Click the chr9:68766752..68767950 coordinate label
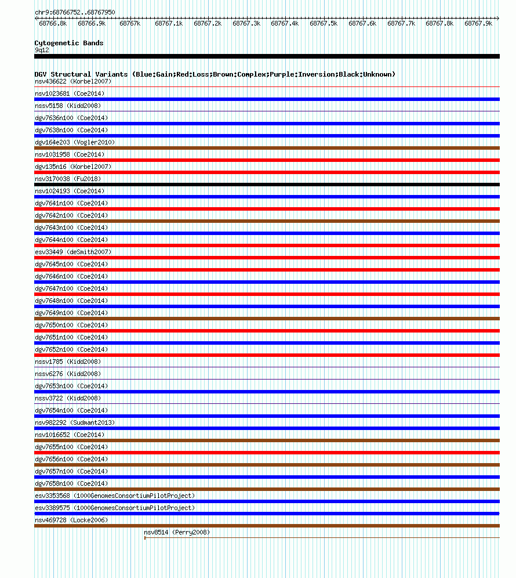pos(74,12)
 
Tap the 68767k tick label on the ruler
pos(130,24)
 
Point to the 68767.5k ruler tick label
pos(323,24)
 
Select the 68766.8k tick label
pos(53,24)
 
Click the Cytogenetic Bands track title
pos(68,43)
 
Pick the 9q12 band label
pos(42,50)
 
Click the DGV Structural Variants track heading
pos(215,74)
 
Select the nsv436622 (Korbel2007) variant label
pos(73,81)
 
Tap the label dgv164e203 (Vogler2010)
pos(75,142)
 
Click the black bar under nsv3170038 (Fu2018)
pos(267,185)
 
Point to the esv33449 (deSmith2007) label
pos(73,252)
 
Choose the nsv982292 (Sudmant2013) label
pos(75,422)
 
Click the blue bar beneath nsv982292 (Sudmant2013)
pos(267,428)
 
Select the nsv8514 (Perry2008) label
pos(177,532)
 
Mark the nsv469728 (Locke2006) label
pos(71,520)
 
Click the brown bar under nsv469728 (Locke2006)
pos(267,526)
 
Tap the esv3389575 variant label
pos(115,508)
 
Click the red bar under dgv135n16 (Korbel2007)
pos(267,172)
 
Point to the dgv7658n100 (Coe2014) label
pos(71,483)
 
